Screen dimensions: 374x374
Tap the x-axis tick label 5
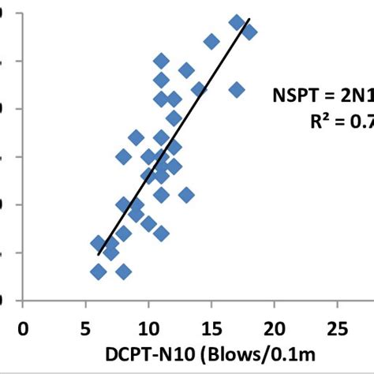[x=86, y=328]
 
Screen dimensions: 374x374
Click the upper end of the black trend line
[x=249, y=19]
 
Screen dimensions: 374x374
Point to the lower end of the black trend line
[x=99, y=254]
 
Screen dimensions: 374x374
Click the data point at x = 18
[x=249, y=32]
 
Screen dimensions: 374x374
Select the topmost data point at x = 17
[x=236, y=22]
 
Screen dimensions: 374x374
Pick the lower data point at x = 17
[x=236, y=90]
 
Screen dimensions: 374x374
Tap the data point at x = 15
[x=211, y=41]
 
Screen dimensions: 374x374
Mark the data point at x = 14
[x=199, y=90]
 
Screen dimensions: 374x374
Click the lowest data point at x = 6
[x=99, y=272]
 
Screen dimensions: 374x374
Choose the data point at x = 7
[x=111, y=252]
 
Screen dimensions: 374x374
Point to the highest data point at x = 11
[x=161, y=61]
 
